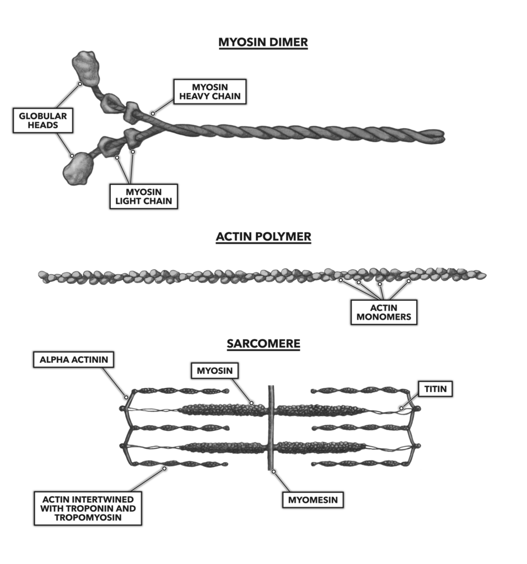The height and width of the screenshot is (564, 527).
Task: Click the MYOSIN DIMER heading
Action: (263, 43)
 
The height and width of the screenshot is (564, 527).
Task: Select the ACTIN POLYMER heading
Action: (263, 237)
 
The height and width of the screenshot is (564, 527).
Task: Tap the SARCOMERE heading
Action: (263, 344)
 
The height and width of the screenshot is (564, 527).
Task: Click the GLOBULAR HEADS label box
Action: (42, 121)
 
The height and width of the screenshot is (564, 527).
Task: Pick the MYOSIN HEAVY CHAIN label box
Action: (209, 92)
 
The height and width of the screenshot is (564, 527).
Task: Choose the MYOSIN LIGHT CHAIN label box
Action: (143, 196)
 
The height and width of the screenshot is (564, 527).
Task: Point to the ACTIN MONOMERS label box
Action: (384, 312)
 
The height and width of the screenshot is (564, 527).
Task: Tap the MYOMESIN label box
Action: (313, 500)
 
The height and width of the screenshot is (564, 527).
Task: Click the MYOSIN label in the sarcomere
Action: (214, 371)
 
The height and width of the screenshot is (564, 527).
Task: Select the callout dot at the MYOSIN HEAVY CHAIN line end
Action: (153, 114)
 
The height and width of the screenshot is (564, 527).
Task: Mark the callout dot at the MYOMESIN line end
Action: (273, 471)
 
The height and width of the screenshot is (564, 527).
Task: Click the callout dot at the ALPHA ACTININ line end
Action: (127, 397)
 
